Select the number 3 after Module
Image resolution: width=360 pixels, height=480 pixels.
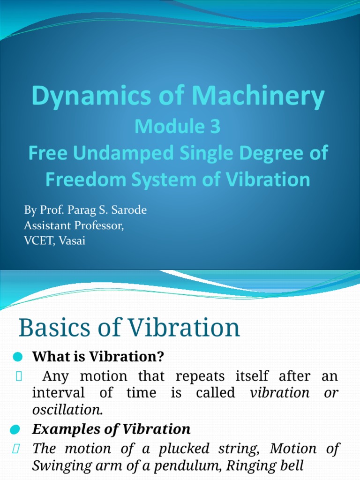point(214,128)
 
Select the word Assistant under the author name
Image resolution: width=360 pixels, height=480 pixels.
point(45,226)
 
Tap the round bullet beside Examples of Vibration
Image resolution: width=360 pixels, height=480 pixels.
point(15,429)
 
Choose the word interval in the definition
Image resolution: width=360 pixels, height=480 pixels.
point(58,393)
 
